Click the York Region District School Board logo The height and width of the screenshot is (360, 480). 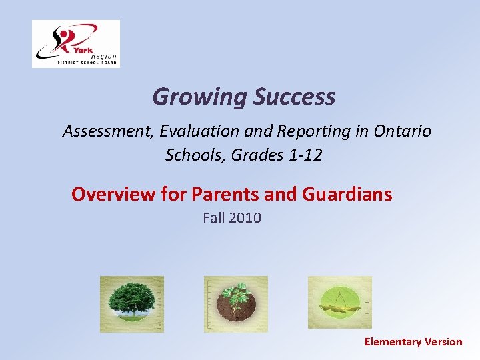76,43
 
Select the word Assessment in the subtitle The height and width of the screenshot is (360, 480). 108,131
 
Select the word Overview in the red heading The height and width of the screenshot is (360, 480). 113,194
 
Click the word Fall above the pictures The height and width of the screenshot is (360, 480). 214,217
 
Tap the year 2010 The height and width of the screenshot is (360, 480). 245,217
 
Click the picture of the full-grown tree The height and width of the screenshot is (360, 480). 131,303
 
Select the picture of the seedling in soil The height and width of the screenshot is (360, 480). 235,303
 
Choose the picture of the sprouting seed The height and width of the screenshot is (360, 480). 339,303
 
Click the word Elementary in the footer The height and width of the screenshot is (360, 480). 393,342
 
